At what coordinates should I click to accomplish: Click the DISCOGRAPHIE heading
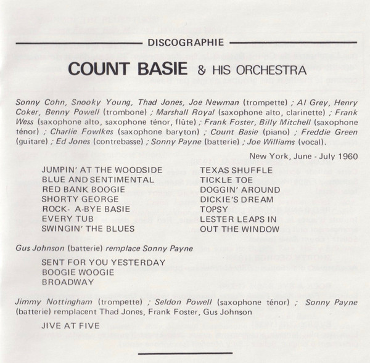[x=186, y=43]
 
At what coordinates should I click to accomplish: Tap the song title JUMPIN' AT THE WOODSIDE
[x=102, y=169]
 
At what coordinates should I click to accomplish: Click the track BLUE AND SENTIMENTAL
[x=97, y=179]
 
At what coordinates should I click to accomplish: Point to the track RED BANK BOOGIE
[x=83, y=189]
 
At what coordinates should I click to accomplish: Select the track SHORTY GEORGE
[x=80, y=199]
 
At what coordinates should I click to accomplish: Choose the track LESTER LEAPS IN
[x=237, y=219]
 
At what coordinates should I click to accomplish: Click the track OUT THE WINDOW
[x=239, y=229]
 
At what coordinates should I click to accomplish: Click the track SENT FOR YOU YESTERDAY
[x=104, y=262]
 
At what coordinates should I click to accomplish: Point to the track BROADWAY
[x=67, y=282]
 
